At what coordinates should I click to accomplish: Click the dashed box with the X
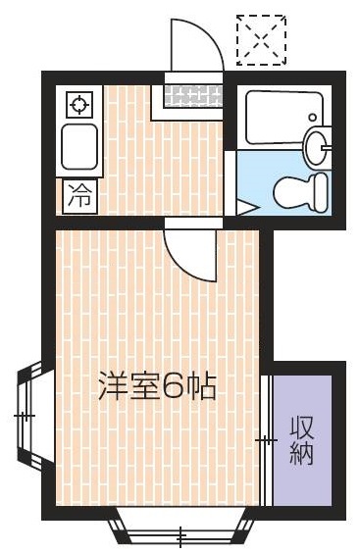point(261,40)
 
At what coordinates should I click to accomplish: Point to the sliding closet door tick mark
point(265,441)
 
